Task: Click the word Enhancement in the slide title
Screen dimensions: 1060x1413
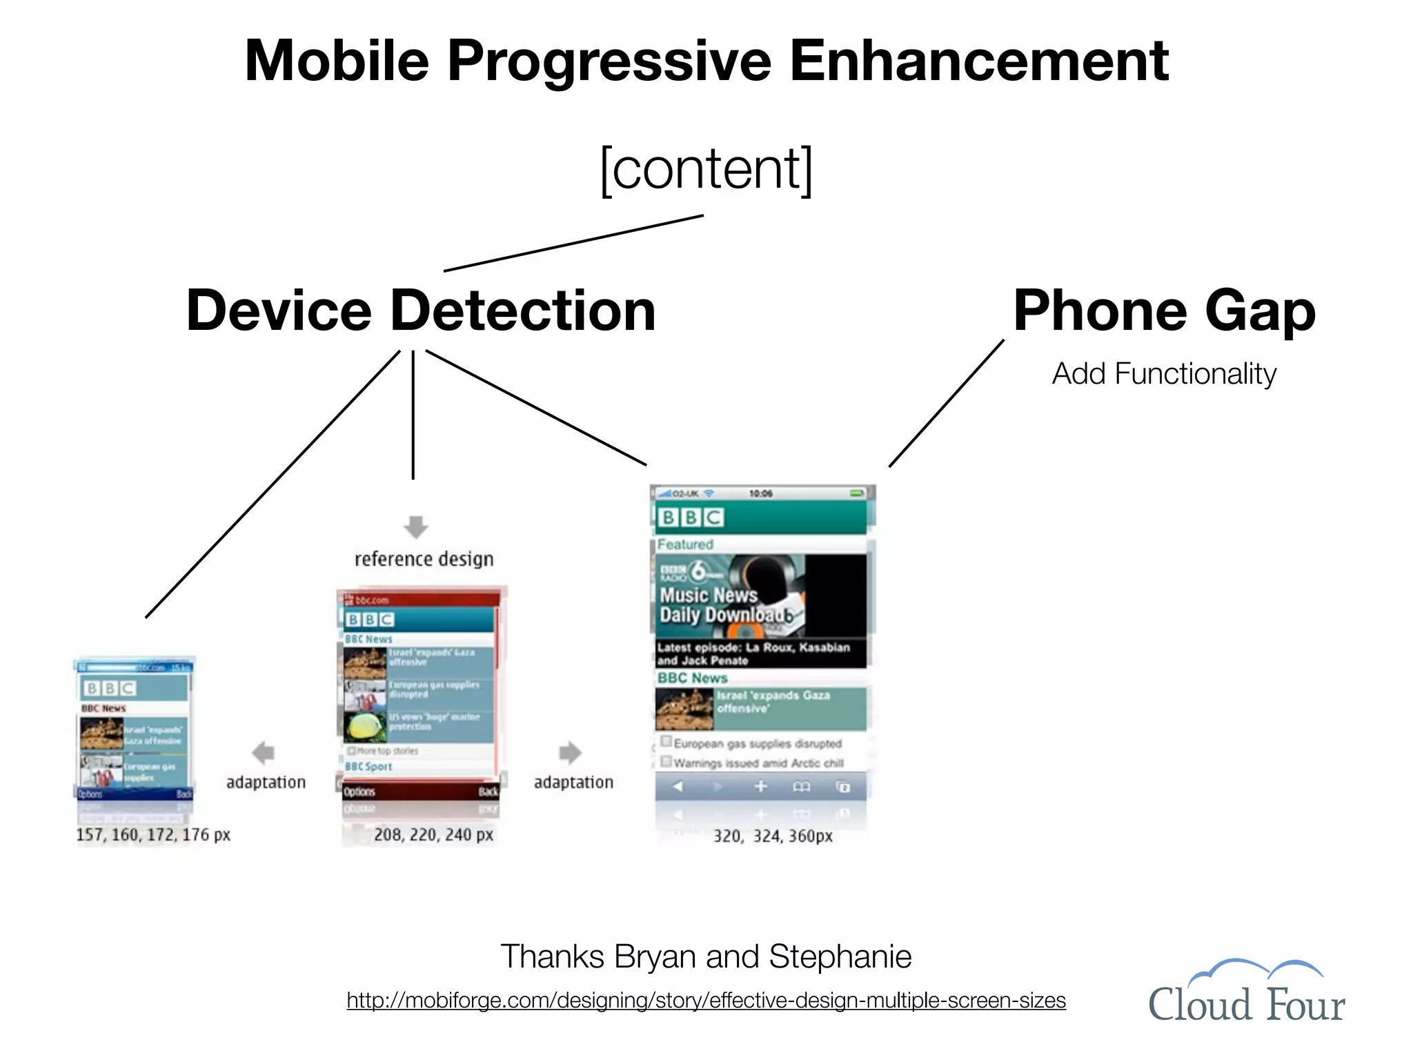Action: (x=978, y=61)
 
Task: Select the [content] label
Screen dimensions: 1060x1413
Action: (x=706, y=169)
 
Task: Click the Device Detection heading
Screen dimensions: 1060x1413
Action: (x=421, y=311)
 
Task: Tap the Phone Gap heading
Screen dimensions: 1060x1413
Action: (x=1164, y=311)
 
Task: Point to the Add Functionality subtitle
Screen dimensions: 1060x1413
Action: (x=1164, y=374)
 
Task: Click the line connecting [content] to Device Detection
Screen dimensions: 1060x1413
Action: (x=573, y=243)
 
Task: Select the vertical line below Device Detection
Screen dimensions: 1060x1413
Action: (x=413, y=414)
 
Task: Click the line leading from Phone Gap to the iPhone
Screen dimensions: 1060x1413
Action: (x=946, y=403)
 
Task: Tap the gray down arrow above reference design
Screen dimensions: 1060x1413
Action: (x=415, y=527)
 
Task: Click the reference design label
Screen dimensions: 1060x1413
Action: (x=424, y=558)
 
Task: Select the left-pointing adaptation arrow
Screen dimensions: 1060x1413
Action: (x=264, y=752)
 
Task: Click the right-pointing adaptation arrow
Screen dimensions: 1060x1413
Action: (x=570, y=752)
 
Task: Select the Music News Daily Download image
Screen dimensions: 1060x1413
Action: (x=759, y=597)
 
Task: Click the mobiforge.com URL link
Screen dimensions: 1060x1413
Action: (x=706, y=1000)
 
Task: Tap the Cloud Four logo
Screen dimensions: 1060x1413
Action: (x=1246, y=992)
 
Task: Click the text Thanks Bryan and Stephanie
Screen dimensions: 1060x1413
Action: (x=706, y=956)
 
